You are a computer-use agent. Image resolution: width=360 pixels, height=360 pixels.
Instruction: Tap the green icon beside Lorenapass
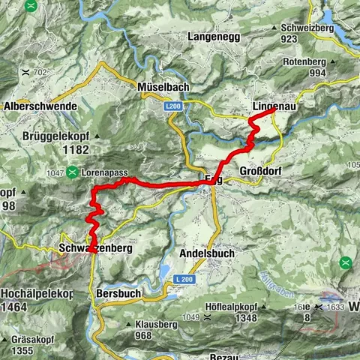[72, 172]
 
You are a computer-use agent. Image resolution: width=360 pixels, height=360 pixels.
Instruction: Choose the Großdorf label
[262, 171]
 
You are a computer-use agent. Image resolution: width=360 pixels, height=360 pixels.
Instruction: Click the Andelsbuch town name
[207, 253]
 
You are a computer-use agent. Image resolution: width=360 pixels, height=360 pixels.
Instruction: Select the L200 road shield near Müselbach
[174, 107]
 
